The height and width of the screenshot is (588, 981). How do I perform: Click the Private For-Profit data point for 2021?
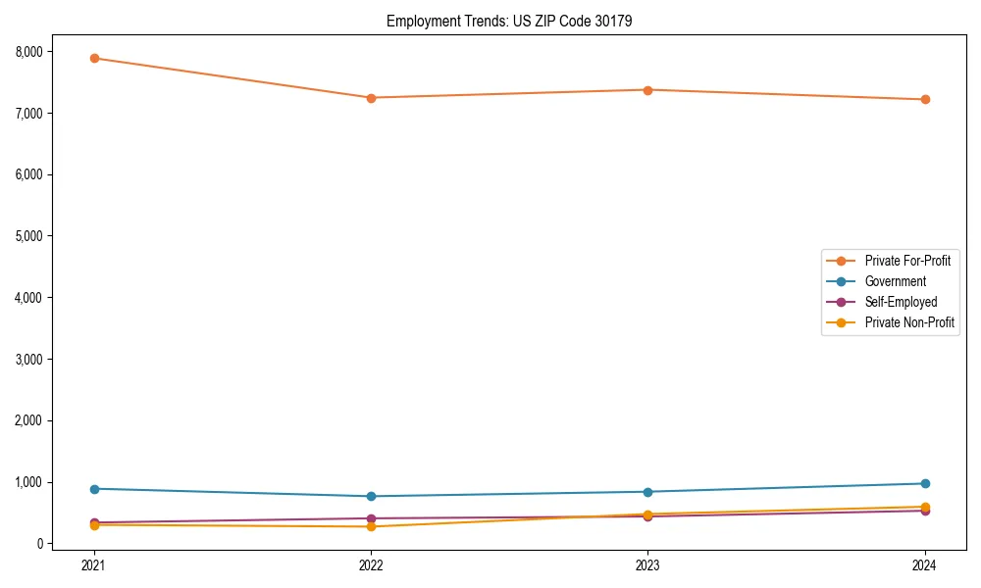tap(94, 58)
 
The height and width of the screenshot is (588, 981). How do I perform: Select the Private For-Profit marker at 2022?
tap(371, 98)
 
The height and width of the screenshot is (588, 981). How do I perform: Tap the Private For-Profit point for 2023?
tap(648, 90)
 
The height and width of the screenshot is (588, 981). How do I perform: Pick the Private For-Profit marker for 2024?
tap(925, 99)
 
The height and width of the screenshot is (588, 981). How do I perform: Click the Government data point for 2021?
tap(94, 489)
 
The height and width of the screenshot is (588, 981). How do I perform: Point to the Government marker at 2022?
tap(371, 496)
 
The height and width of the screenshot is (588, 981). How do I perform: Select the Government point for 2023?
tap(648, 492)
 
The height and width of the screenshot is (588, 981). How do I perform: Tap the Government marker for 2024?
tap(925, 483)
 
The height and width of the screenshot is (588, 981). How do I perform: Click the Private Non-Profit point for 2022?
tap(371, 526)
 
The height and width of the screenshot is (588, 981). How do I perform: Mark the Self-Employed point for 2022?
tap(371, 518)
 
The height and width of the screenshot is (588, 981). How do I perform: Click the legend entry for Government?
tap(895, 281)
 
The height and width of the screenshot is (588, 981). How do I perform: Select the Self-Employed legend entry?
tap(901, 302)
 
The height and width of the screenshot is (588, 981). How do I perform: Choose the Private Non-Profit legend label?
tap(909, 322)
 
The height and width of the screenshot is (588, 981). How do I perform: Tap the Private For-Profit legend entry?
tap(907, 261)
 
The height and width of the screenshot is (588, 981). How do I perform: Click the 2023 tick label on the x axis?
tap(648, 564)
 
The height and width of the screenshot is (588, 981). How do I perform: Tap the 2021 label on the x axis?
tap(94, 564)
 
